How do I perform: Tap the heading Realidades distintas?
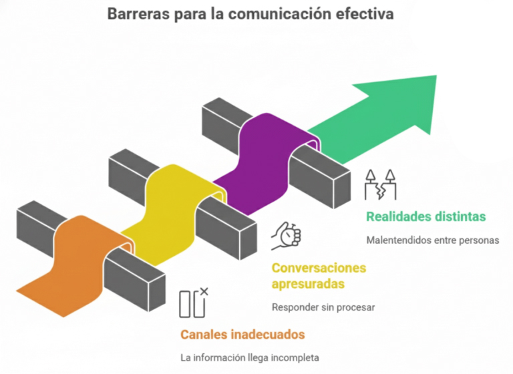tap(425, 217)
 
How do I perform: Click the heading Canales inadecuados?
tap(242, 334)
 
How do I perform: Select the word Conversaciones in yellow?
tap(319, 268)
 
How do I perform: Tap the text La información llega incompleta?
tap(249, 357)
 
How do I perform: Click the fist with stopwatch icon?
tap(287, 235)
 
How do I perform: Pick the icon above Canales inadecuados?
tap(194, 303)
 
